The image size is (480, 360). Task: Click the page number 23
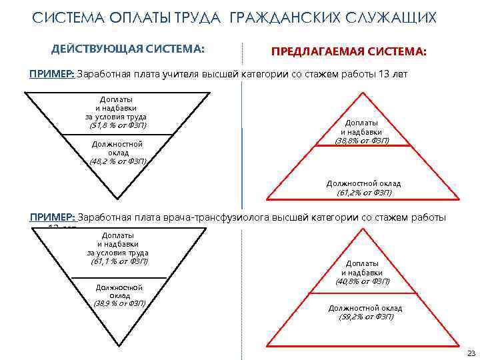point(471,352)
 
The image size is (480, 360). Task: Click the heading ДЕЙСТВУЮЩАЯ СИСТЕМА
point(128,49)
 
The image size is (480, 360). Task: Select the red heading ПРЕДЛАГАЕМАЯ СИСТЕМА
point(349,52)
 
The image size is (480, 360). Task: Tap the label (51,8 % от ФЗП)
point(118,125)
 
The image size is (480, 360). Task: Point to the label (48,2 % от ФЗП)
point(119,161)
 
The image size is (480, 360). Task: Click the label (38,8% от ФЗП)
point(362,140)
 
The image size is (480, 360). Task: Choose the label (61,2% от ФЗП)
point(364,193)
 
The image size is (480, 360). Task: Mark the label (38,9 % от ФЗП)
point(120,302)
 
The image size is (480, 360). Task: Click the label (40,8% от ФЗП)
point(363,281)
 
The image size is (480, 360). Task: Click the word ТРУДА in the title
point(200,18)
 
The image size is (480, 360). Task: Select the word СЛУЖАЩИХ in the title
point(394,18)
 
